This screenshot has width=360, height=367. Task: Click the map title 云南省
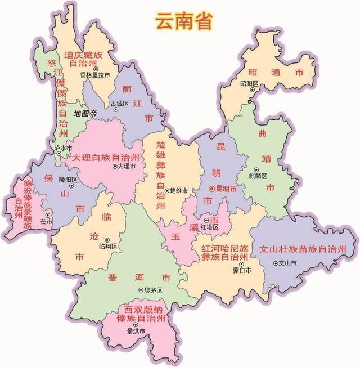point(176,21)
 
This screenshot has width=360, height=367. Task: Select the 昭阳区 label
point(249,84)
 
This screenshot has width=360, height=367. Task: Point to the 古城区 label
point(119,103)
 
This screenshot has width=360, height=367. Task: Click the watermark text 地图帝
point(85,114)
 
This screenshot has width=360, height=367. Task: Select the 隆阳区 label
point(66,180)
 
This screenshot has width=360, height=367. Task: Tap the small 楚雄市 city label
point(179,191)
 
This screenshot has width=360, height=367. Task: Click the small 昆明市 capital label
point(225,190)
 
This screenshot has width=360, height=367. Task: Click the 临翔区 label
point(107,247)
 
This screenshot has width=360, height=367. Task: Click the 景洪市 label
point(136,332)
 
